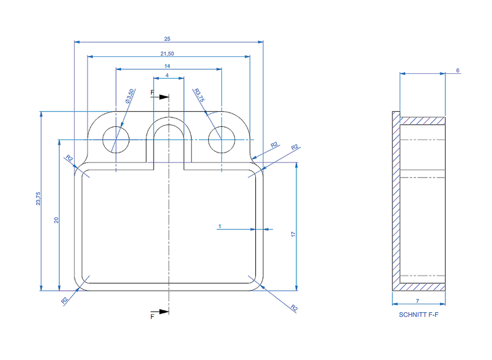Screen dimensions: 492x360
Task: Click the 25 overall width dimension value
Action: click(x=167, y=39)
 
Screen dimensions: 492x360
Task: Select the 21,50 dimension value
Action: click(x=167, y=54)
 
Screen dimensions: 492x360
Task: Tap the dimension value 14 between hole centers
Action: click(x=167, y=66)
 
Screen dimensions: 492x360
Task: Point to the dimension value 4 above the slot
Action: click(x=167, y=75)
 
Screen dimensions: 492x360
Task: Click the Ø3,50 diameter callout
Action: click(x=130, y=96)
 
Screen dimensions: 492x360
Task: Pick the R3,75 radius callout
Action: click(x=199, y=95)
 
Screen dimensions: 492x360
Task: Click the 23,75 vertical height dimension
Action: click(x=38, y=199)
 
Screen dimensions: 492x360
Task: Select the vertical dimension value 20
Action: click(x=56, y=220)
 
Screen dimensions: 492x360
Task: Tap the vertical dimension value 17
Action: click(x=293, y=234)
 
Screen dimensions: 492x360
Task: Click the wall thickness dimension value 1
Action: click(x=220, y=226)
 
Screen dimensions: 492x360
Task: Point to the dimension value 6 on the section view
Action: click(x=458, y=70)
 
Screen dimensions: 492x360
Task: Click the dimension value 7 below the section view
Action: click(x=417, y=300)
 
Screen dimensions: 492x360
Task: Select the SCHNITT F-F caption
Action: click(x=419, y=314)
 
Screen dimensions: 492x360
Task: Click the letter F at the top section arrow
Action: click(x=152, y=92)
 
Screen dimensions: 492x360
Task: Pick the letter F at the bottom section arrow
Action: click(x=152, y=316)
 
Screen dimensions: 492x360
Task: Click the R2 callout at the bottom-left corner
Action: click(x=64, y=300)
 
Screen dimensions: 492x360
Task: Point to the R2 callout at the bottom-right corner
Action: click(x=294, y=308)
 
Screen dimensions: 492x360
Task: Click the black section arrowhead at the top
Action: click(x=164, y=97)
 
